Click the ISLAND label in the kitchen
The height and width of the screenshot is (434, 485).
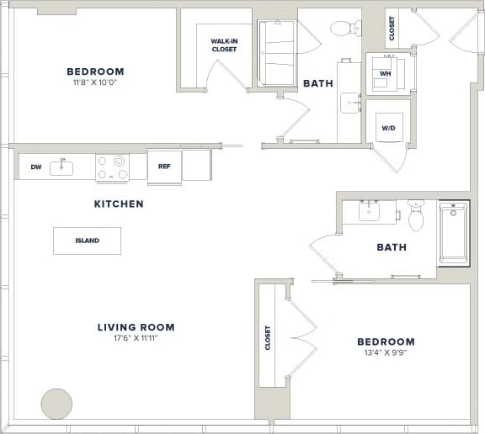click(x=87, y=241)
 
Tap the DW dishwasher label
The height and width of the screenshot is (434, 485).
click(x=36, y=167)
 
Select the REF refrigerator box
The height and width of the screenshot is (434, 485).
click(x=164, y=166)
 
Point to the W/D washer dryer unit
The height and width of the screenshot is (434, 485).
click(x=389, y=129)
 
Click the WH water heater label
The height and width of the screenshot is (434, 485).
click(x=386, y=73)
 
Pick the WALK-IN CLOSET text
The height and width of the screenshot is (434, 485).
click(x=224, y=45)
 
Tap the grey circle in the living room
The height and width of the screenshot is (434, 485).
click(x=57, y=404)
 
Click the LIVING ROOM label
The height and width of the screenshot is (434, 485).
click(x=136, y=327)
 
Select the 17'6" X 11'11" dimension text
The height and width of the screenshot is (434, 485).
click(x=136, y=339)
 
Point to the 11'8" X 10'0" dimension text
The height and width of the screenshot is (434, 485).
click(x=95, y=83)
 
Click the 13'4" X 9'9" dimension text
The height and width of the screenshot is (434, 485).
click(x=386, y=353)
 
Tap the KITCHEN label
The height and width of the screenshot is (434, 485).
click(x=118, y=204)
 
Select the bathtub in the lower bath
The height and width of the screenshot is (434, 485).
click(x=454, y=232)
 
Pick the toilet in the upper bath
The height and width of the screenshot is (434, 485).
click(x=345, y=29)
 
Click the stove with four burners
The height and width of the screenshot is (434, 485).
click(x=112, y=167)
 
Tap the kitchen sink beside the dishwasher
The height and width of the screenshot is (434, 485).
click(x=62, y=167)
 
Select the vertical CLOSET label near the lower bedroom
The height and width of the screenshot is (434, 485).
click(x=268, y=338)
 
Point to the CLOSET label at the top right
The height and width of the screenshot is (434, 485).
click(x=392, y=29)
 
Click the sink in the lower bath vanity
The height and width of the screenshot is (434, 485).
click(x=371, y=212)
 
